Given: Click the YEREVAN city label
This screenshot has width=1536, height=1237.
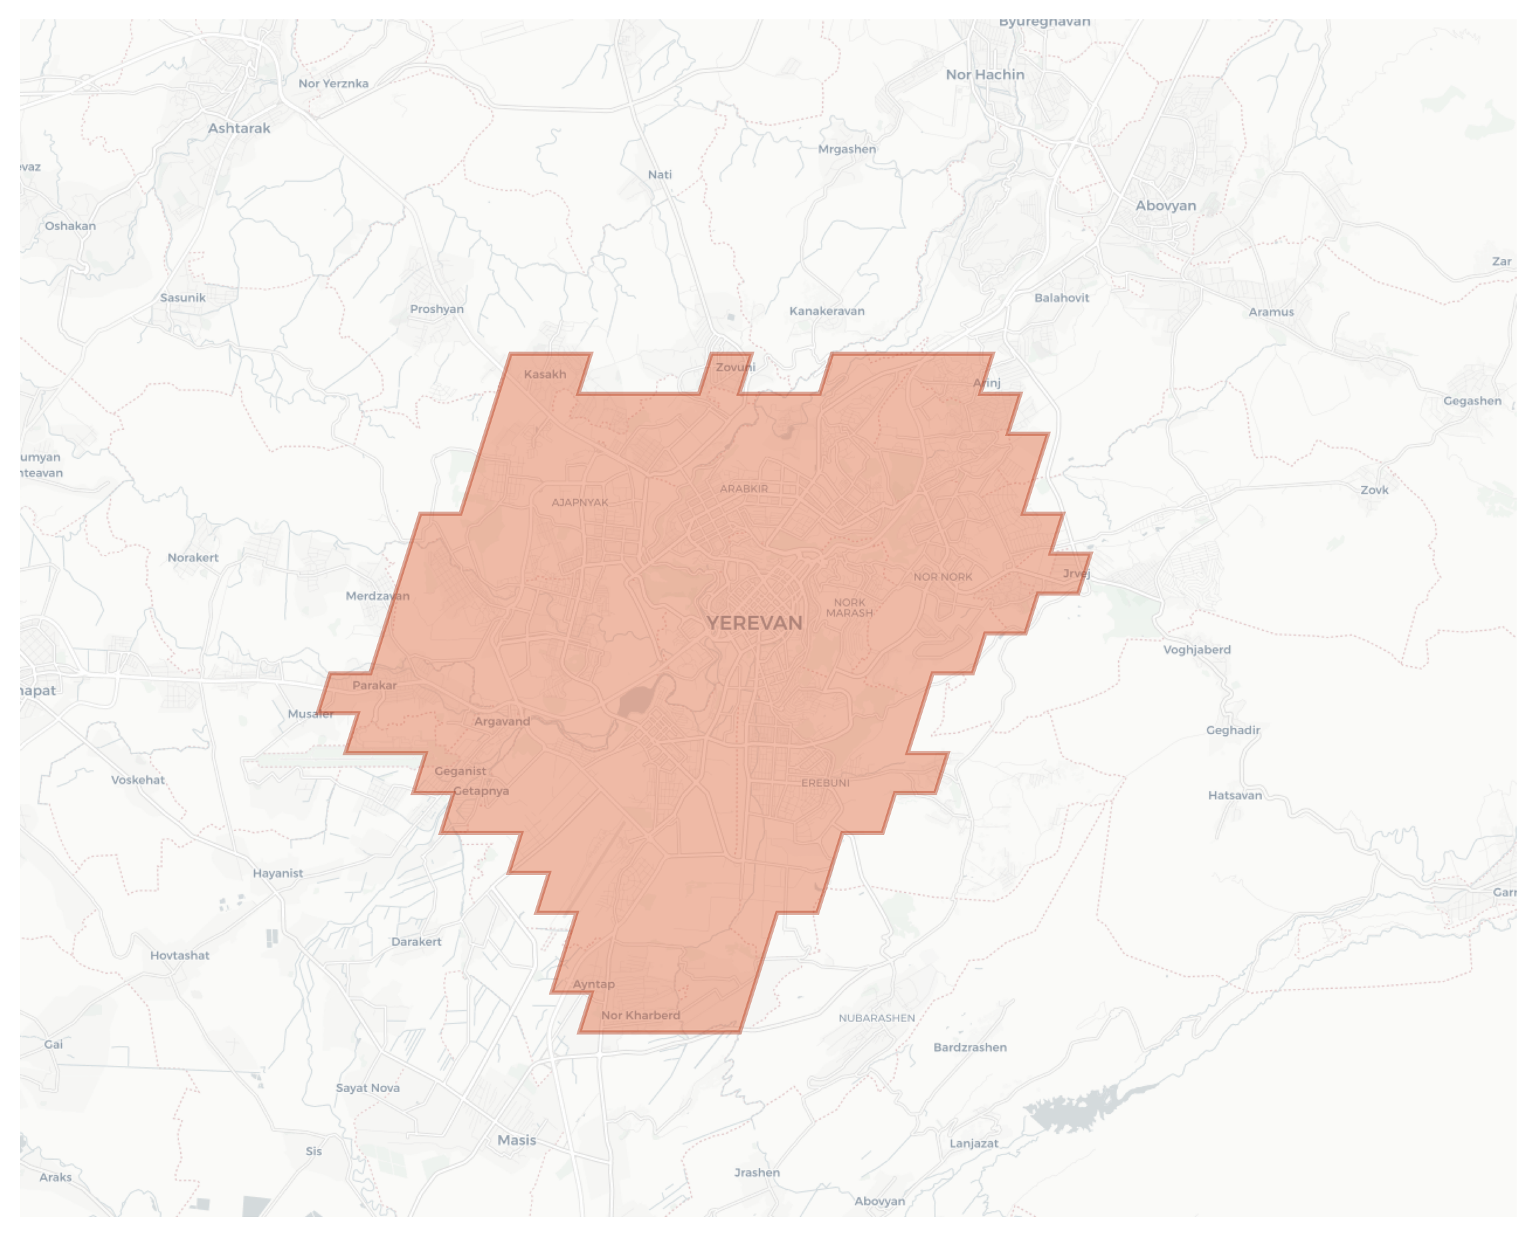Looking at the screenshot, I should (754, 623).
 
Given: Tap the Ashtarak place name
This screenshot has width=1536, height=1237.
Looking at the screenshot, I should (239, 128).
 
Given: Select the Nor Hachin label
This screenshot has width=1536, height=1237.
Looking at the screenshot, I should (985, 75).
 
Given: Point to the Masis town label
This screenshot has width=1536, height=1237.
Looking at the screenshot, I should (516, 1140).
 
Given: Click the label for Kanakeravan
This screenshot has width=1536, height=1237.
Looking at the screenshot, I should (827, 311).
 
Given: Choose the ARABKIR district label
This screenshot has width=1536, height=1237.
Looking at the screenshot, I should (744, 489).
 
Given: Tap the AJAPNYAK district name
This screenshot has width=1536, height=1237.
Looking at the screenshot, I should (580, 502).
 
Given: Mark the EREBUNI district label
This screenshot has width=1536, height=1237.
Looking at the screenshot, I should (825, 783).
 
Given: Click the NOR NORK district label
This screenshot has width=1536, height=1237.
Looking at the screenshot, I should (943, 577).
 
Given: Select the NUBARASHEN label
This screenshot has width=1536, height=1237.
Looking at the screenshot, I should (876, 1018).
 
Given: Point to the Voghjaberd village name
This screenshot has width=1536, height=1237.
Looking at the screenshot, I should (1197, 650).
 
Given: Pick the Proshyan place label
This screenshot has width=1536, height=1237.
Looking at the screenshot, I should (437, 309).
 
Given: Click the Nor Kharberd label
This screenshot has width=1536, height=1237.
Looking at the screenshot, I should (641, 1015).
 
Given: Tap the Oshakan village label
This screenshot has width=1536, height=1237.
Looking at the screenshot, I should (70, 226).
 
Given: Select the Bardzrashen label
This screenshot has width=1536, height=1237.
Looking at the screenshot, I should (970, 1047).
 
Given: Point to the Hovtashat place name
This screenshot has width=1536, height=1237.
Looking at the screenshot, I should (180, 956).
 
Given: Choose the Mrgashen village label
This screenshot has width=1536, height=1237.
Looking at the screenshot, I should (847, 149).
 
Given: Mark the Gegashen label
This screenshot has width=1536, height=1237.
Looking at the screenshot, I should (1472, 401).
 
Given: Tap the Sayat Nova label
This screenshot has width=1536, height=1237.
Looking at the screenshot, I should (368, 1088).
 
